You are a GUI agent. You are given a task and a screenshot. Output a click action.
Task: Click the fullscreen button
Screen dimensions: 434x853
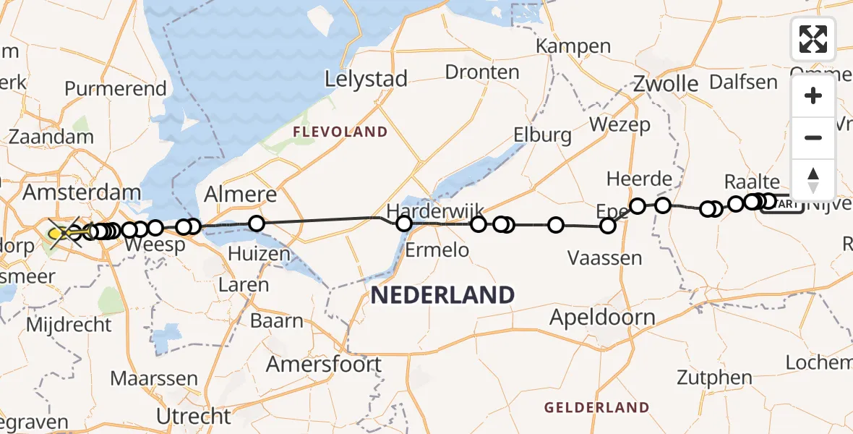click(x=813, y=39)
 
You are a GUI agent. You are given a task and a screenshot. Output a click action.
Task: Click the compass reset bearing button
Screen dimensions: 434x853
click(x=813, y=179)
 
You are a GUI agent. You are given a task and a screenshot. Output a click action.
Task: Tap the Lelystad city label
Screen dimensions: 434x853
click(x=367, y=79)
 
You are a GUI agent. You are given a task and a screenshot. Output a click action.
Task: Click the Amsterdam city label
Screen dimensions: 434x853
click(x=82, y=193)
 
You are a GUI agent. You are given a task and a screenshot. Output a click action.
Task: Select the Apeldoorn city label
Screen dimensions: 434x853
click(x=602, y=317)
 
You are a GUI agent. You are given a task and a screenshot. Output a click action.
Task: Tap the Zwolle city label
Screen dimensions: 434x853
click(x=666, y=83)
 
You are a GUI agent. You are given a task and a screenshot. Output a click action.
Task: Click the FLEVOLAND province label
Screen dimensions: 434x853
click(x=340, y=132)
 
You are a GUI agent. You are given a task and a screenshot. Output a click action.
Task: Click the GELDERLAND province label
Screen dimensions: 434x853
click(x=597, y=407)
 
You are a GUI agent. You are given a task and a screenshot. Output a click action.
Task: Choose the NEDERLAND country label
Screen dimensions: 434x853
click(x=443, y=294)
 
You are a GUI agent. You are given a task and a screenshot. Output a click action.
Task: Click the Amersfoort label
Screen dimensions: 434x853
click(x=323, y=363)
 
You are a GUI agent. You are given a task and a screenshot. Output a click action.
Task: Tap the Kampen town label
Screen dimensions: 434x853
click(x=573, y=46)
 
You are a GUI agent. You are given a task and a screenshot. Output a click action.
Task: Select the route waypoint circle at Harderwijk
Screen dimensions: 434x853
click(x=404, y=224)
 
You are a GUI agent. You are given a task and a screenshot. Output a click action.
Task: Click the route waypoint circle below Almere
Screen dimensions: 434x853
click(x=257, y=224)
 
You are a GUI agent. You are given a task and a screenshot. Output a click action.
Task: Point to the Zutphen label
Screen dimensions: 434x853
click(x=705, y=377)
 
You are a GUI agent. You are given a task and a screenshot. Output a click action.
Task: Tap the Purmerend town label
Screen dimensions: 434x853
click(x=116, y=89)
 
